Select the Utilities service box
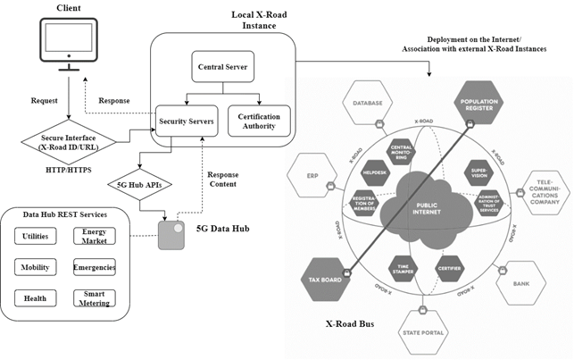37,236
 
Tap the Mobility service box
37,267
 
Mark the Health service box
37,298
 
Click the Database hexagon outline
367,105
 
